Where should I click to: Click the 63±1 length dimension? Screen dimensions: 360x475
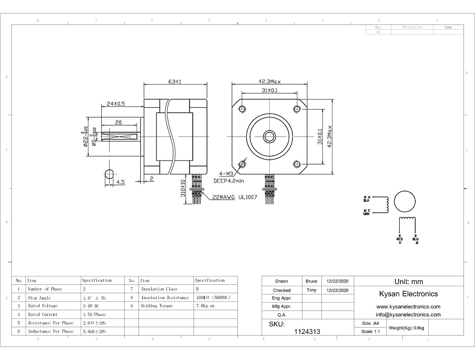click(x=175, y=81)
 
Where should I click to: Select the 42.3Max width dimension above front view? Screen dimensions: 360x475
click(x=270, y=81)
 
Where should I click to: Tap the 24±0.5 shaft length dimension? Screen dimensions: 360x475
click(x=116, y=104)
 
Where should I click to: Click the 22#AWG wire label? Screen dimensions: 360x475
click(x=223, y=197)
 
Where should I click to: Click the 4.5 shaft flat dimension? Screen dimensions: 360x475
click(x=120, y=182)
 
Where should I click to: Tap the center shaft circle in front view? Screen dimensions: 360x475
click(x=270, y=136)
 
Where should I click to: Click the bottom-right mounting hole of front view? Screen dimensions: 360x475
click(x=297, y=164)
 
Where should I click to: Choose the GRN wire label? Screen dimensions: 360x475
click(x=367, y=214)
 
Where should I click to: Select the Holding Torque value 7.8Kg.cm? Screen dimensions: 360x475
click(x=205, y=306)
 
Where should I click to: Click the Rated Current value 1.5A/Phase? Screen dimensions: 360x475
click(x=95, y=315)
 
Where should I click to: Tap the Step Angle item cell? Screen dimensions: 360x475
click(x=39, y=297)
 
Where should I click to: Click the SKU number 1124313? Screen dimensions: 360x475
click(x=307, y=332)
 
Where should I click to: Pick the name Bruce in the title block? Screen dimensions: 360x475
click(x=312, y=281)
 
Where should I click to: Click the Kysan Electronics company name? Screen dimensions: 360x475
click(x=408, y=294)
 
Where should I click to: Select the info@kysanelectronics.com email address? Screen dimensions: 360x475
click(x=408, y=315)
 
